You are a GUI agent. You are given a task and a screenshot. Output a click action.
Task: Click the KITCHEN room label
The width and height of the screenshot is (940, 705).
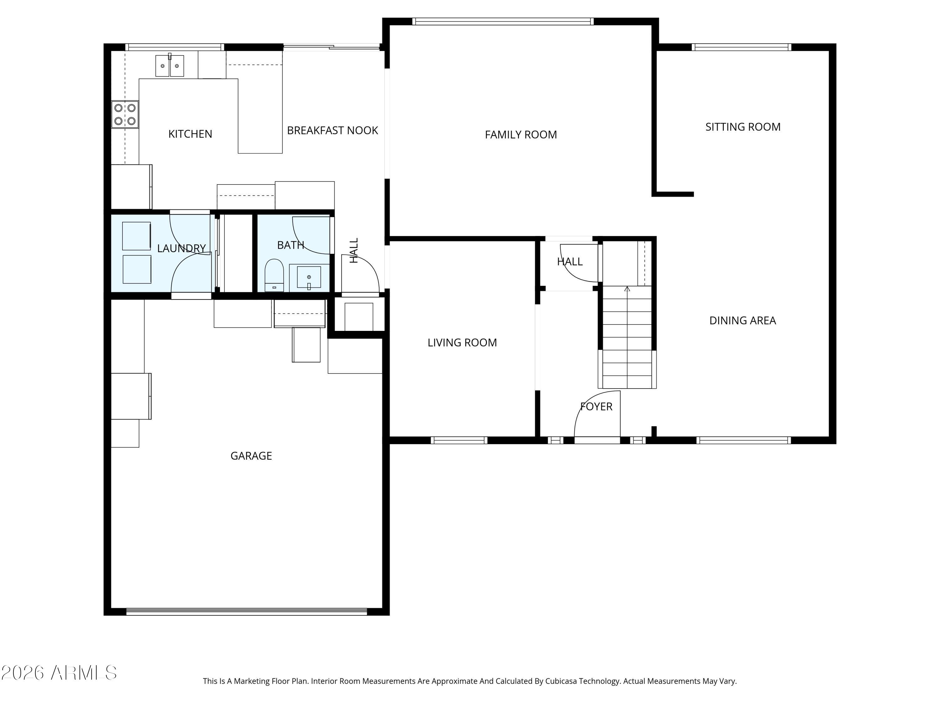[x=190, y=134]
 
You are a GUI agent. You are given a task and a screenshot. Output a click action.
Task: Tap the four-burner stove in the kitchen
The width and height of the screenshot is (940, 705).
[x=125, y=114]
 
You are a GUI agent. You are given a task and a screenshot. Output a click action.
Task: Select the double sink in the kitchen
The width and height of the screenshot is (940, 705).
[x=170, y=66]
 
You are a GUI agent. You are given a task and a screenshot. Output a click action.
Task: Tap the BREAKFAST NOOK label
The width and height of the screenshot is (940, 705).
[x=332, y=130]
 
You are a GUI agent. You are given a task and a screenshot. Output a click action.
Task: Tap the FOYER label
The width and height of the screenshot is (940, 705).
[x=596, y=407]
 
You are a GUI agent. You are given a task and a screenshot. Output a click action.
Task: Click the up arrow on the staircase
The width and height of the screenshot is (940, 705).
[x=627, y=289]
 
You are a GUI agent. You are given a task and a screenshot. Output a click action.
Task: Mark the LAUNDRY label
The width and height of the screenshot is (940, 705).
[x=181, y=248]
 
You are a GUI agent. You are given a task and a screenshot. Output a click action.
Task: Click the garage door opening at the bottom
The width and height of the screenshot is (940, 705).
[x=247, y=612]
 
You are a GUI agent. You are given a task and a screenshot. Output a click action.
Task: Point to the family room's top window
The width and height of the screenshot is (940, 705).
[x=503, y=21]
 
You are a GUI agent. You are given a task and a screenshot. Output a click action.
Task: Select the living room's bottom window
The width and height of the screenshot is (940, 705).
[x=459, y=440]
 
